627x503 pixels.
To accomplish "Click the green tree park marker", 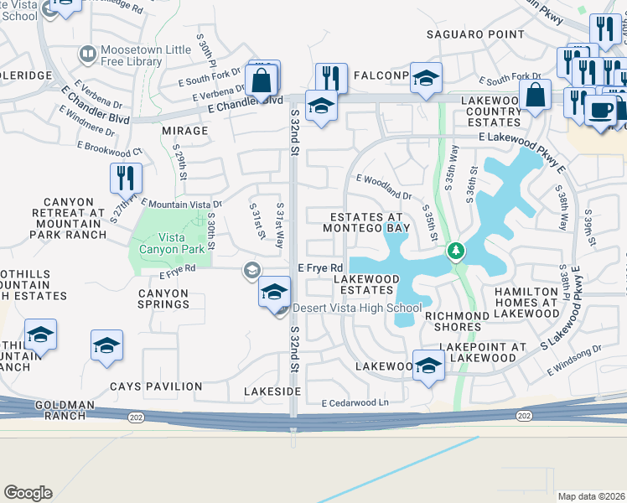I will pyautogui.click(x=456, y=251).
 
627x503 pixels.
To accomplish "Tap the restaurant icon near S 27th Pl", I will pyautogui.click(x=126, y=179).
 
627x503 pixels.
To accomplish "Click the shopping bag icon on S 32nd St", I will pyautogui.click(x=262, y=82).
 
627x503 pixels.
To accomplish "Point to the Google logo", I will pyautogui.click(x=28, y=493).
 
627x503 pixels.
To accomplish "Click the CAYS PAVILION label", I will pyautogui.click(x=156, y=386).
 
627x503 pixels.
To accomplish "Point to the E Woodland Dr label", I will pyautogui.click(x=384, y=186).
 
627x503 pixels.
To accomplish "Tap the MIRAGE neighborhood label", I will pyautogui.click(x=184, y=131).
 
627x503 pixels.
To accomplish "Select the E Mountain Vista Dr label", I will pyautogui.click(x=181, y=204).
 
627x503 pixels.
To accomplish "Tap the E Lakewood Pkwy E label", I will pyautogui.click(x=520, y=136).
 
